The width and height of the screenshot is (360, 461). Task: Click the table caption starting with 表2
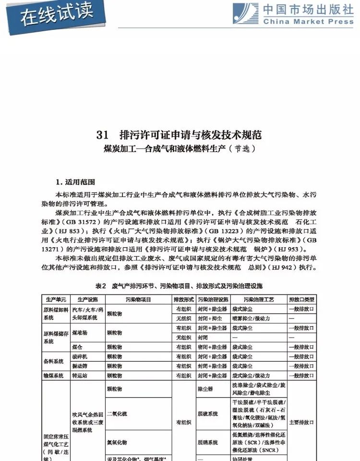(179, 287)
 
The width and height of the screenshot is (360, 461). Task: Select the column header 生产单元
(56, 299)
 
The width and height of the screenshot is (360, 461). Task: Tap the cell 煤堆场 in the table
(80, 332)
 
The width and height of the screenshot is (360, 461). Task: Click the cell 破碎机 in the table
(80, 356)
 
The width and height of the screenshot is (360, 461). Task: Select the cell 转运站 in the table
(80, 376)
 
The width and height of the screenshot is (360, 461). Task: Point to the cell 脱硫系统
(207, 413)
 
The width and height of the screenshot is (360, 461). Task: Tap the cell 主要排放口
(301, 422)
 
